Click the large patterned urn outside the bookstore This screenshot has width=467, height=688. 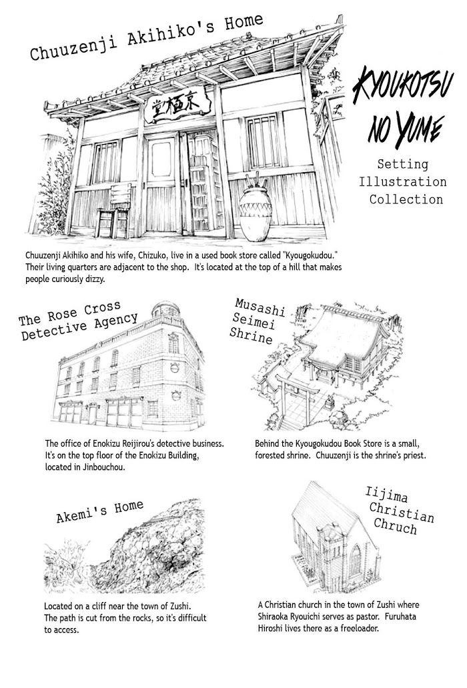(256, 213)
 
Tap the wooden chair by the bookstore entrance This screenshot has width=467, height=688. (114, 210)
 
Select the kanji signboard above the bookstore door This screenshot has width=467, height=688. (175, 105)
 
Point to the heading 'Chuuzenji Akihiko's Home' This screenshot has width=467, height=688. (146, 37)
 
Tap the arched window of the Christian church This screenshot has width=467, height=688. (355, 560)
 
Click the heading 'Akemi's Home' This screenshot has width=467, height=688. (99, 511)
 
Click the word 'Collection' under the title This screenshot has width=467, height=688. (406, 199)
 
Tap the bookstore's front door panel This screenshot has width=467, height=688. (161, 183)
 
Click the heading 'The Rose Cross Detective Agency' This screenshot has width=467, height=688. (78, 321)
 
